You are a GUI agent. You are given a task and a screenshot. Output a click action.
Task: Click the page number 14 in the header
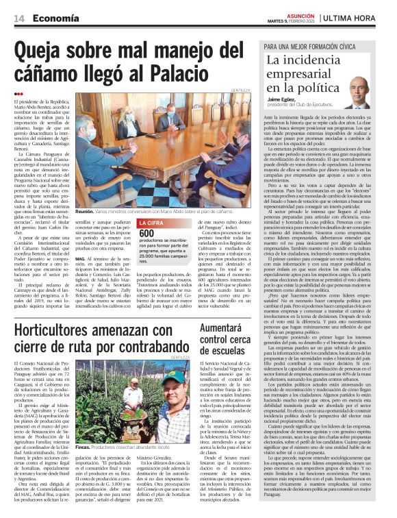point(18,19)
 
